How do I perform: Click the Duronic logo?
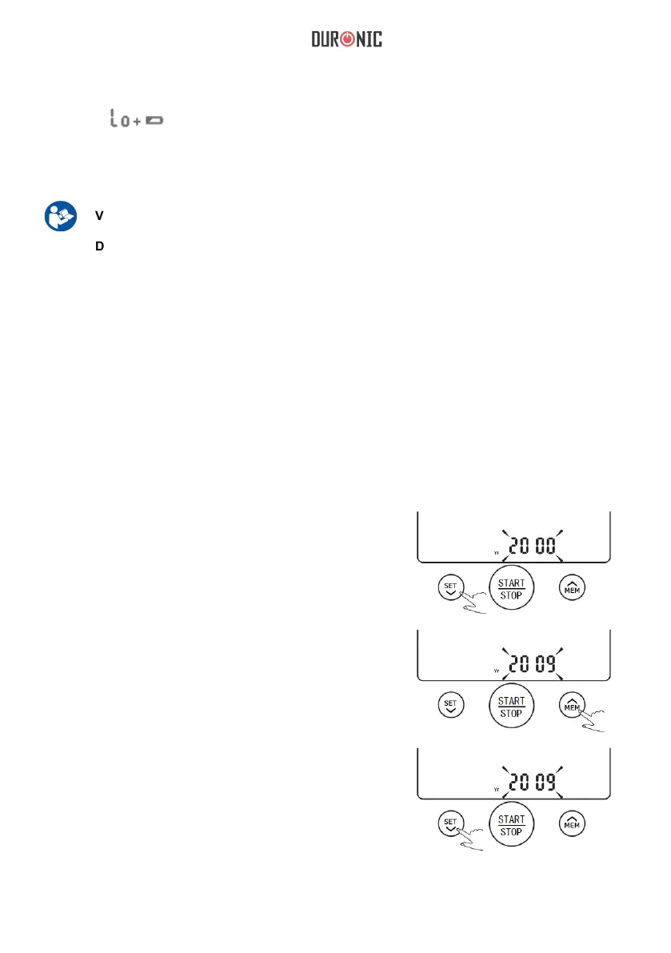[x=346, y=39]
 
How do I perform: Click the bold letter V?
[x=100, y=215]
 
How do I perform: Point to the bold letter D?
[x=100, y=246]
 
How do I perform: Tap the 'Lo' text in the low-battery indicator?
[x=119, y=120]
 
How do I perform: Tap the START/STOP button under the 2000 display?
[x=511, y=589]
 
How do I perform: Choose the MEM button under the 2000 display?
[x=572, y=588]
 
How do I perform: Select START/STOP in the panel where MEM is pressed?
[x=511, y=707]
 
